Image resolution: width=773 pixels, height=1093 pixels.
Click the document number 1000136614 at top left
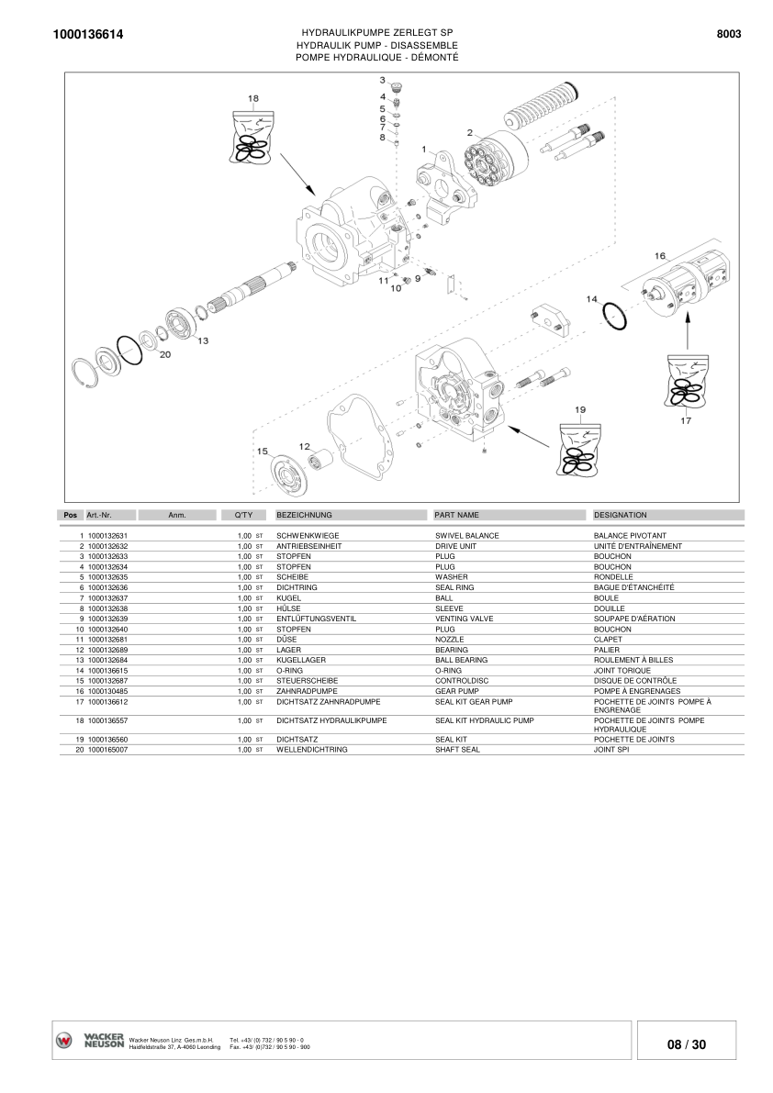tap(89, 35)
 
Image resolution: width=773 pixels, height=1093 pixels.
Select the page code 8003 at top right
tap(728, 34)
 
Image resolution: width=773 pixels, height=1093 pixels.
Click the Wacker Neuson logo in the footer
tap(90, 1041)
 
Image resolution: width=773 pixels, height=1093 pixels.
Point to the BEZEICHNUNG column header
tap(304, 515)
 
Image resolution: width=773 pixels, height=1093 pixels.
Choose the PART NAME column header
tap(456, 515)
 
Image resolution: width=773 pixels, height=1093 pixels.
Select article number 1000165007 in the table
tap(107, 750)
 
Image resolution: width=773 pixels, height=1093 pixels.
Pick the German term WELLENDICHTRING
tap(311, 750)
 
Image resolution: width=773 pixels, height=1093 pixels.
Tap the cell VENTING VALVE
tap(464, 619)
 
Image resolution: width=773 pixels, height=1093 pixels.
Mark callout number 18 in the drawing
tap(252, 98)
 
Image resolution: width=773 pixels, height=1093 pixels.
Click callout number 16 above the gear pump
tap(659, 255)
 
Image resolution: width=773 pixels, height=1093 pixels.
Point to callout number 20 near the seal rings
tap(165, 354)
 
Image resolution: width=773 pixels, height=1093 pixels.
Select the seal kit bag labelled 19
tap(579, 450)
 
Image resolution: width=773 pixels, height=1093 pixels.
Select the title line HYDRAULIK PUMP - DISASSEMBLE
tap(377, 45)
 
